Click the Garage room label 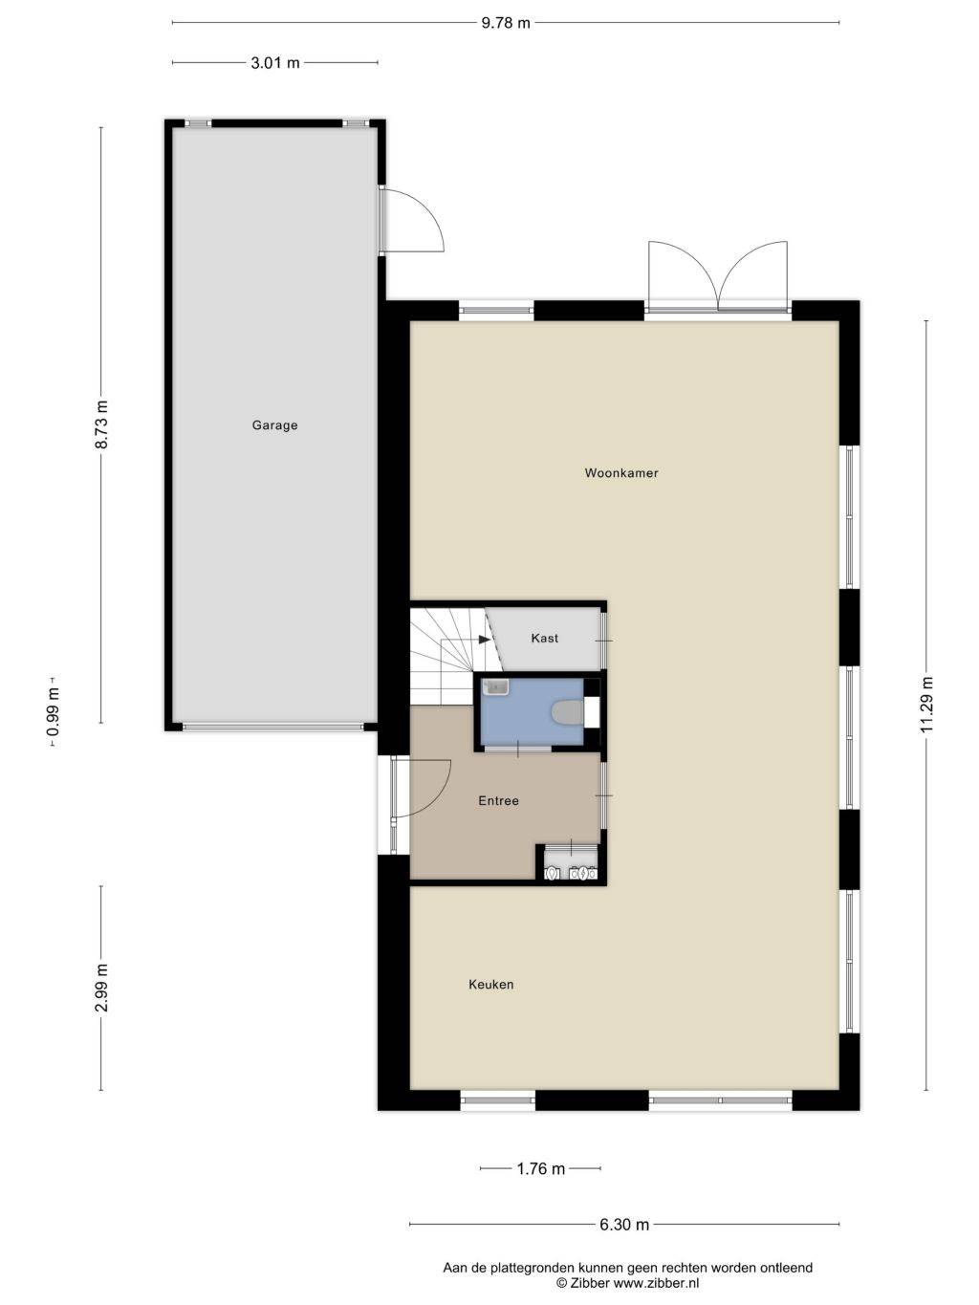click(x=274, y=425)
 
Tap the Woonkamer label click(x=621, y=473)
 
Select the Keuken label click(x=491, y=985)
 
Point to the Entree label click(x=498, y=801)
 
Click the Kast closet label click(x=545, y=638)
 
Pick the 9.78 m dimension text click(x=505, y=23)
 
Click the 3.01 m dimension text click(x=275, y=62)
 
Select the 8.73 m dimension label click(x=101, y=425)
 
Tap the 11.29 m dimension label click(x=926, y=705)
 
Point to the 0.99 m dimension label click(x=54, y=712)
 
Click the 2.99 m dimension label click(x=101, y=988)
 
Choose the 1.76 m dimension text click(x=540, y=1152)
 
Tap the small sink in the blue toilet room click(x=496, y=687)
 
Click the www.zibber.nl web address click(x=656, y=1284)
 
